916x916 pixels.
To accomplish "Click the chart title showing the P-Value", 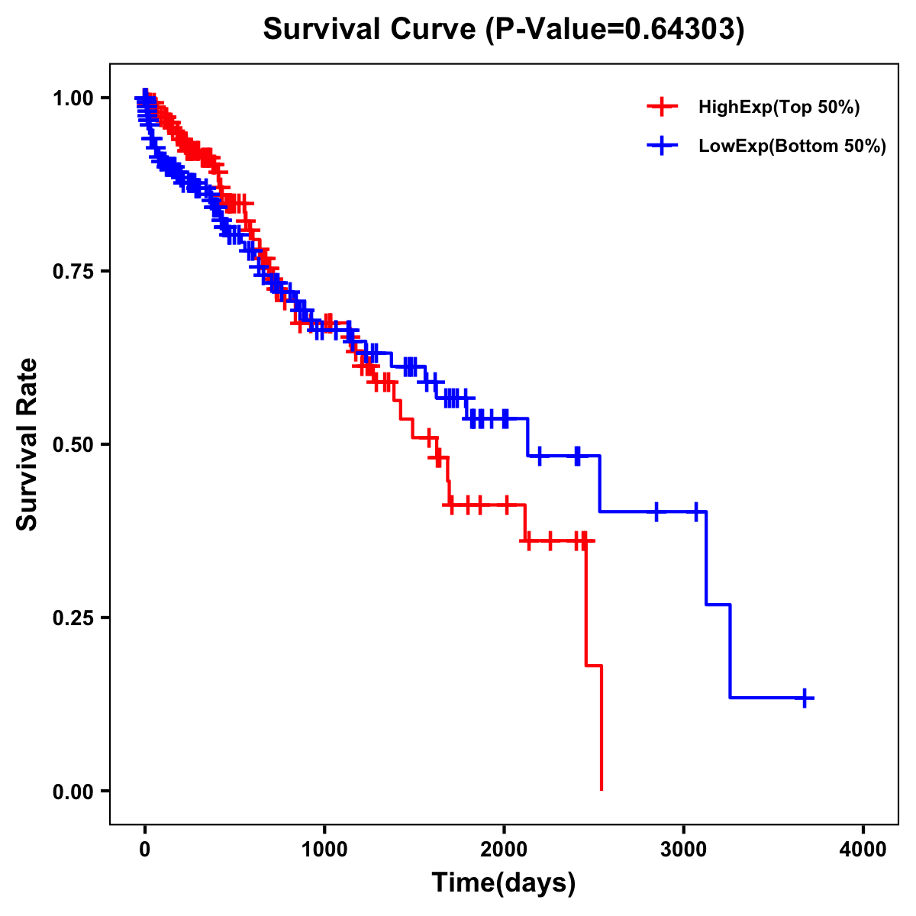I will pyautogui.click(x=503, y=30).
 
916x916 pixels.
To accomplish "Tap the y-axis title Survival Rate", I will pyautogui.click(x=27, y=444).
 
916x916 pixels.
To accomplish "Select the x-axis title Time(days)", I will pyautogui.click(x=503, y=883).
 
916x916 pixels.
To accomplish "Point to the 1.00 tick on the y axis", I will pyautogui.click(x=73, y=98).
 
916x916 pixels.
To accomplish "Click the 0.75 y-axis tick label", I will pyautogui.click(x=73, y=271).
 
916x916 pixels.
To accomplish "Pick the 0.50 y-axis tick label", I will pyautogui.click(x=73, y=444).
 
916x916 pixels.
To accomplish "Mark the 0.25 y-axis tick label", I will pyautogui.click(x=73, y=618).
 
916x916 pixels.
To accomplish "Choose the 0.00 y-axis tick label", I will pyautogui.click(x=73, y=791).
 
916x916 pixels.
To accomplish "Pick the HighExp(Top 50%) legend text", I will pyautogui.click(x=779, y=108).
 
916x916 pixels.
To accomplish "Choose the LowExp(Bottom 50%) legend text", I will pyautogui.click(x=792, y=147).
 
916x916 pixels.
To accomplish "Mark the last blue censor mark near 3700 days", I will pyautogui.click(x=805, y=698).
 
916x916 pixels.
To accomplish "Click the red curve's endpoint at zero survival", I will pyautogui.click(x=602, y=789).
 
